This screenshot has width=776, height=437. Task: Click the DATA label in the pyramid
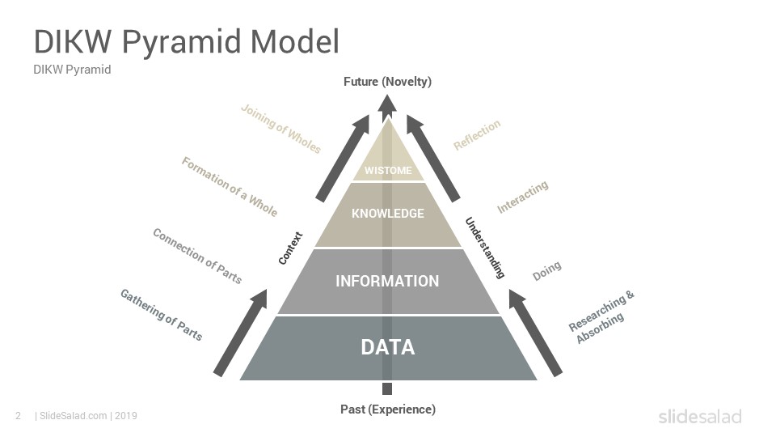[x=387, y=347]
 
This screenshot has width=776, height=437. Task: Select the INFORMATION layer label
[x=387, y=281]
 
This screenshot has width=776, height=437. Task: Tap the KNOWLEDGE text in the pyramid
[x=388, y=214]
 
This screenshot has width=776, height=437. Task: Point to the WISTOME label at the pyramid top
[x=388, y=171]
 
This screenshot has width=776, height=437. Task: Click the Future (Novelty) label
[x=387, y=81]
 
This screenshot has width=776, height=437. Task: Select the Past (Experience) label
[x=388, y=409]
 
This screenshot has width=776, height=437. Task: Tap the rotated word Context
[x=290, y=248]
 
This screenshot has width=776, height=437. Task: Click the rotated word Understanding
[x=485, y=248]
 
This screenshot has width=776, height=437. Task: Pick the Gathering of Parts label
[x=162, y=315]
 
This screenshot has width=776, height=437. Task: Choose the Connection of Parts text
[x=197, y=256]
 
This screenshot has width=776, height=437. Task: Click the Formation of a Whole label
[x=229, y=187]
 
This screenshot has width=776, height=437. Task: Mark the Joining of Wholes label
[x=280, y=129]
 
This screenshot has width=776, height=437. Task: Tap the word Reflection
[x=477, y=134]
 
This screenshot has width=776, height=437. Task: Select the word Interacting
[x=523, y=197]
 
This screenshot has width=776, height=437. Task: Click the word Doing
[x=547, y=270]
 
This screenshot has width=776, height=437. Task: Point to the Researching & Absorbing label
[x=601, y=317]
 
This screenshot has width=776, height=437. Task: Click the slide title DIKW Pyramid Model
[x=187, y=41]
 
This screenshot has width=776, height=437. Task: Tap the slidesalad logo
[x=700, y=416]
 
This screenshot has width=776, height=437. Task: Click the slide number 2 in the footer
[x=19, y=416]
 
